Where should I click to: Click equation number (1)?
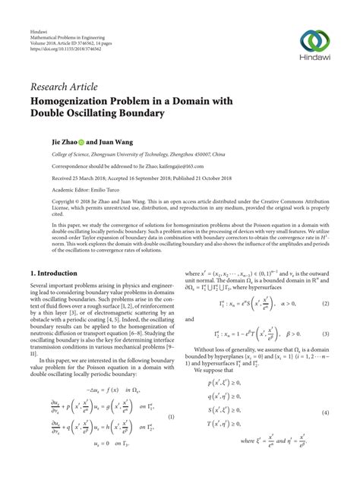pos(172,416)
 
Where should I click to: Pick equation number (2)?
pos(325,324)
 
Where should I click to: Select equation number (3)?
pos(325,355)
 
